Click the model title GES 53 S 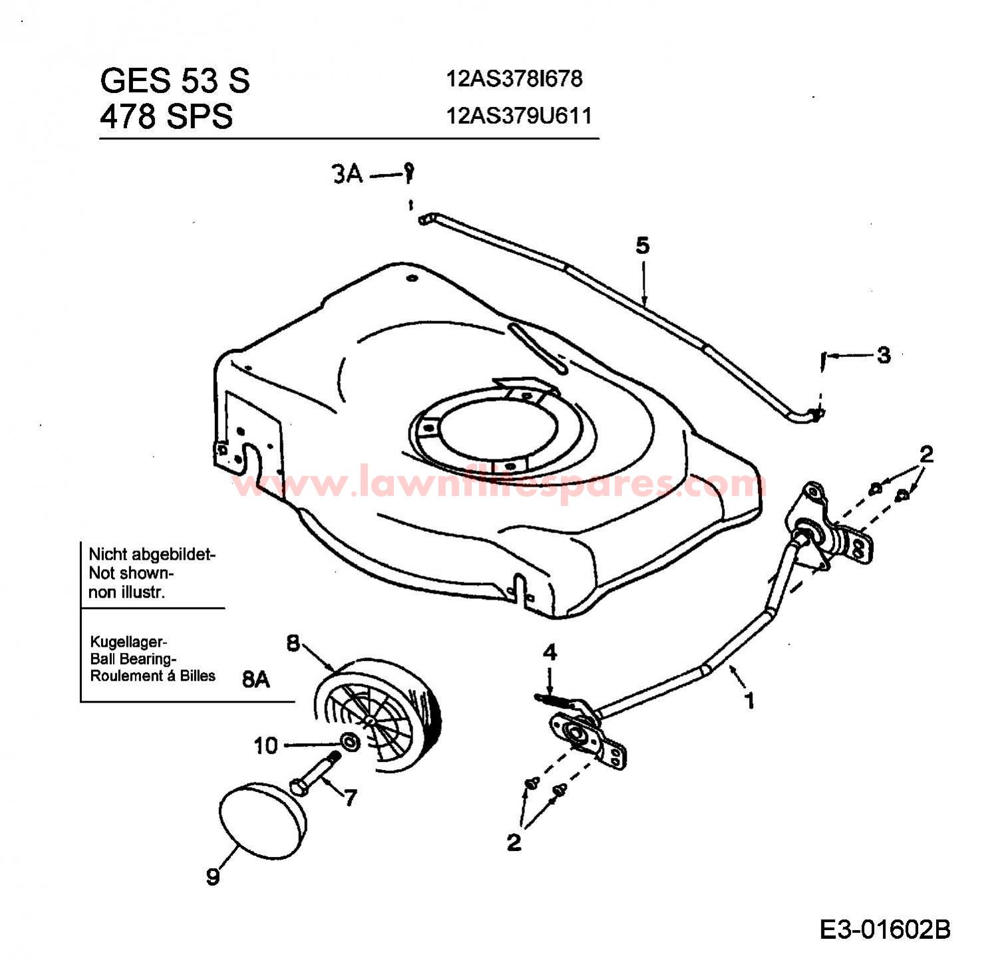pos(175,80)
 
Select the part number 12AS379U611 pos(519,116)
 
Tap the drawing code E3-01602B pos(885,929)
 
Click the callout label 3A pos(347,174)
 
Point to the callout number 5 pos(642,245)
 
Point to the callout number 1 pos(750,701)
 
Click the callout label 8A pos(256,679)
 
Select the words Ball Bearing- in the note pos(132,660)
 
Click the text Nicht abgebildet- pos(152,554)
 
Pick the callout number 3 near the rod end pos(883,355)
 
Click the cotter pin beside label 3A pos(410,173)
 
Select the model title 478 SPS pos(166,117)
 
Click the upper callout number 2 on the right pos(926,455)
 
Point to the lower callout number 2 pos(514,842)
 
